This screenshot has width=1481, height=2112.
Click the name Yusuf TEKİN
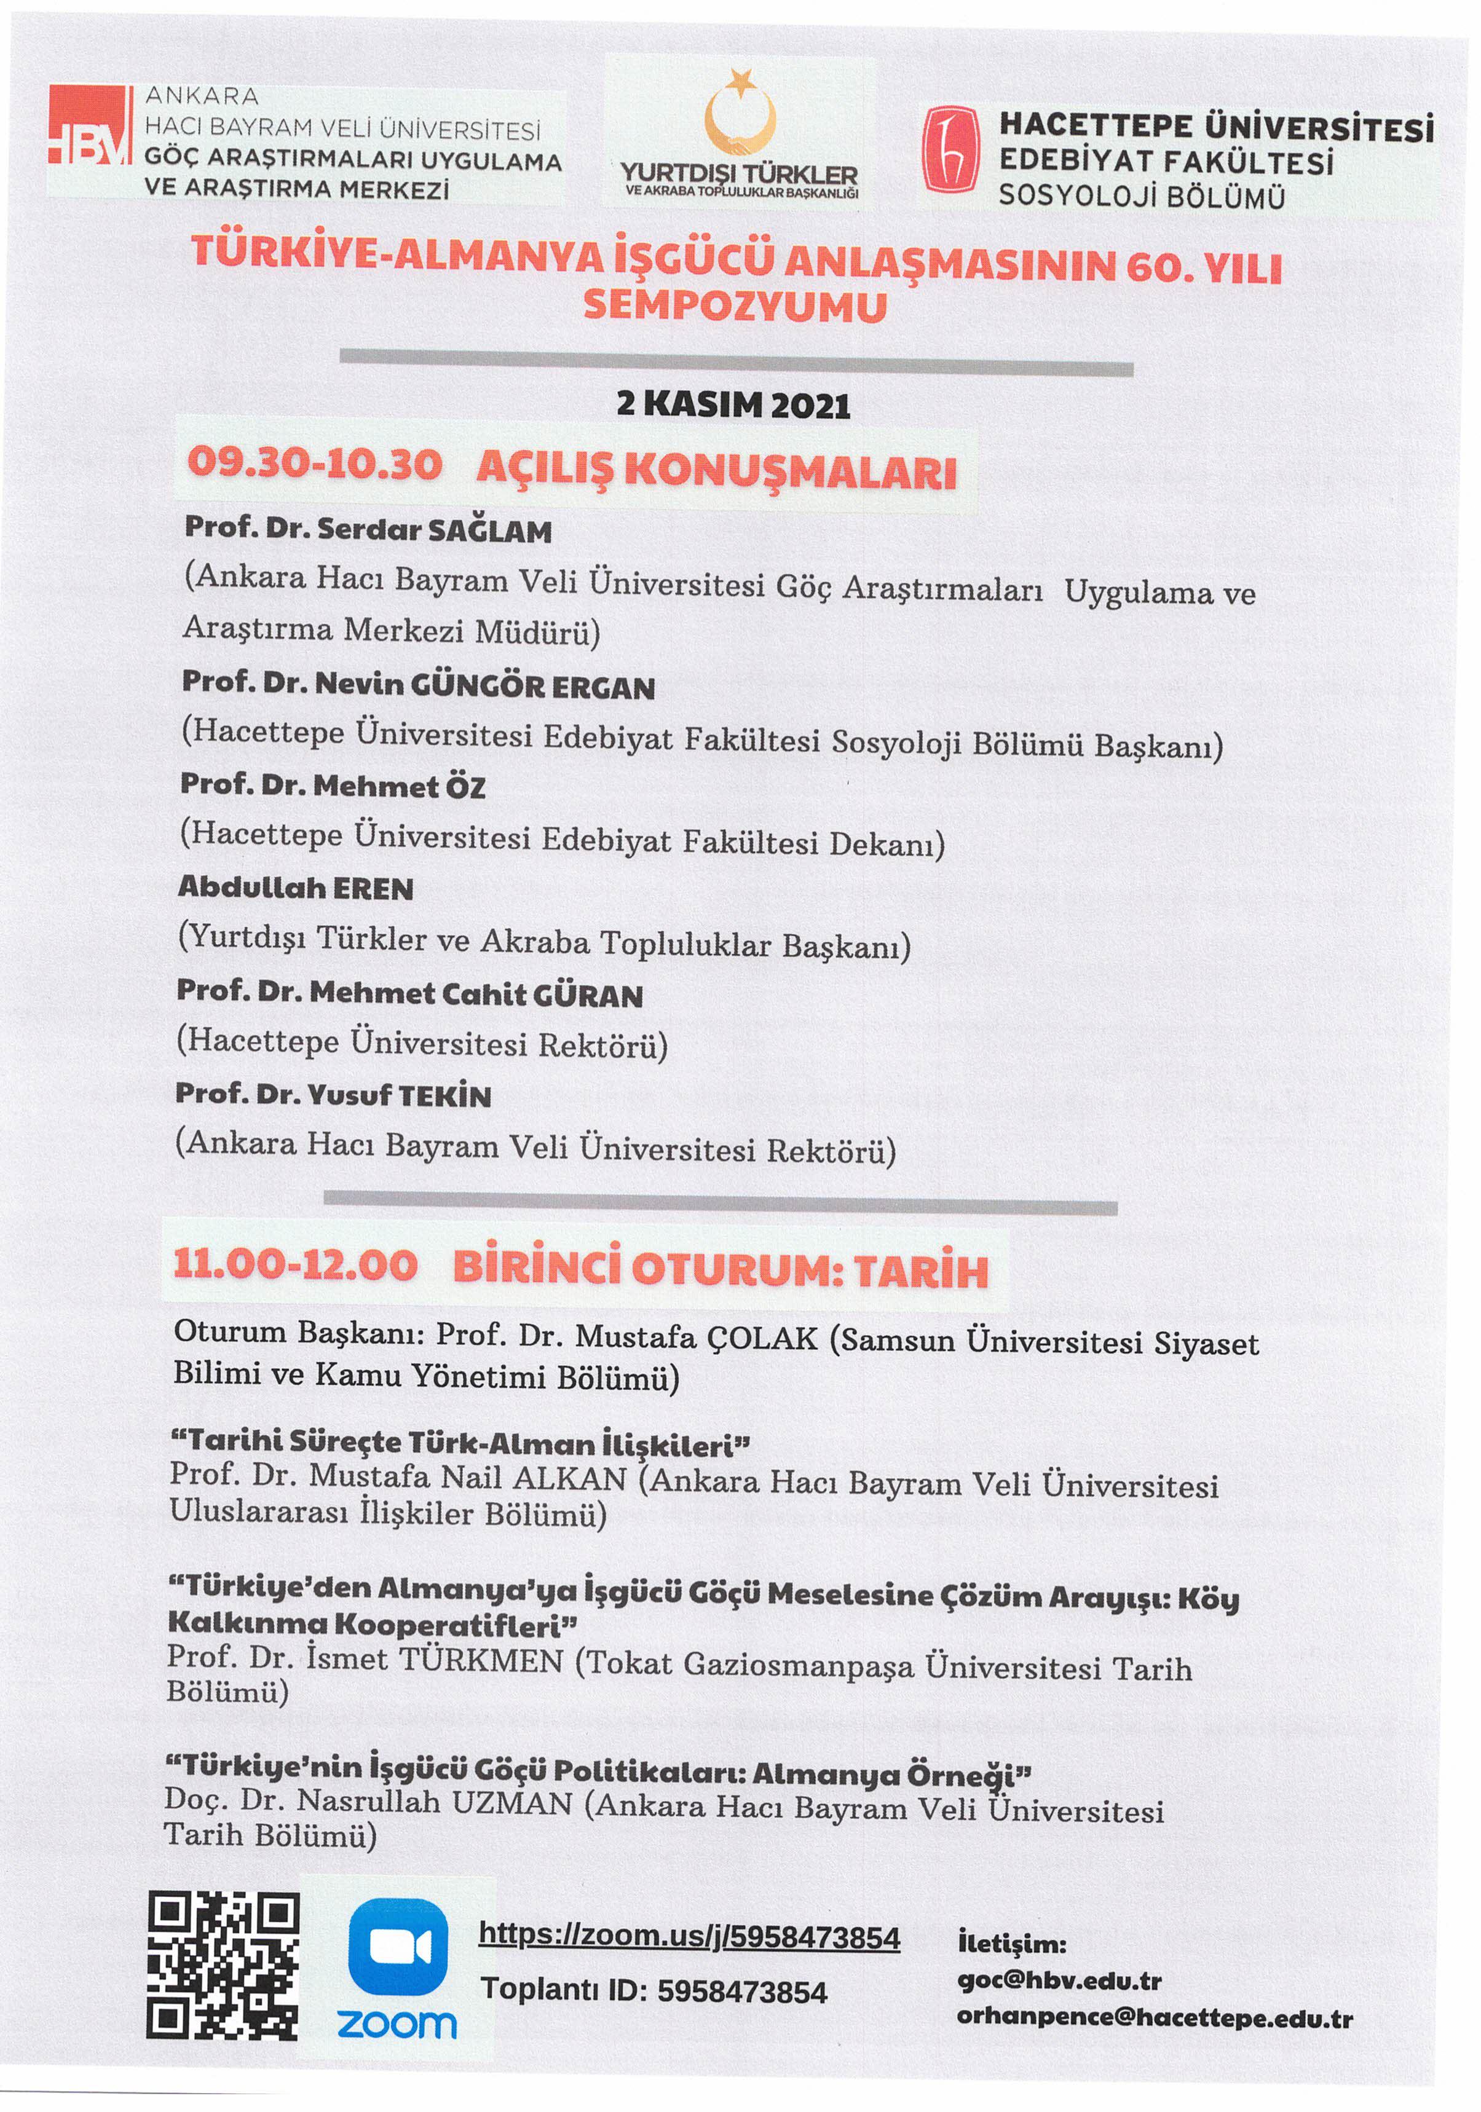pos(399,1095)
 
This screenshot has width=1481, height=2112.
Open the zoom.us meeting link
pos(689,1936)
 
